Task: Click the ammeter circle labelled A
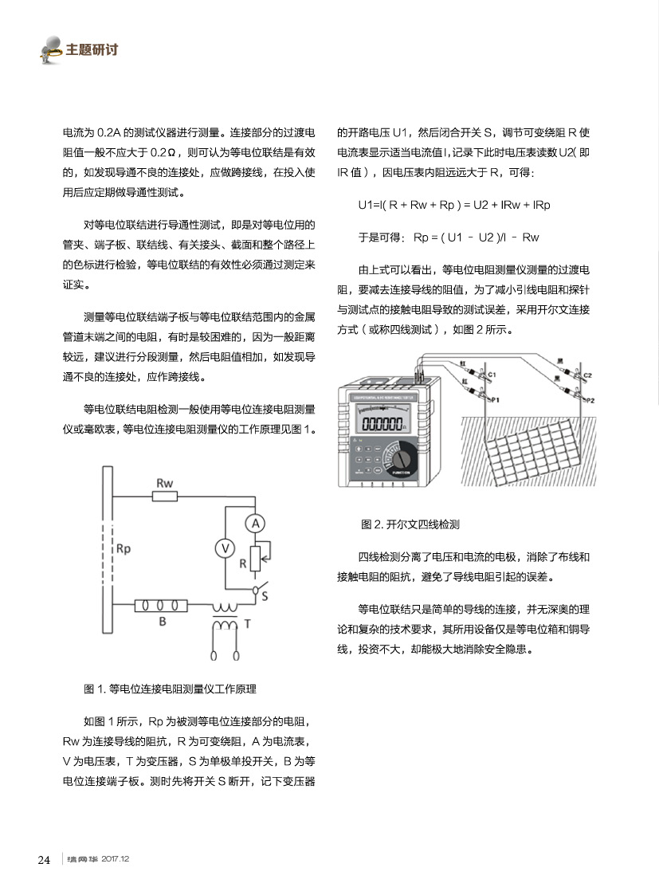[x=254, y=523]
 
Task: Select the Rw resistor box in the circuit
[x=164, y=497]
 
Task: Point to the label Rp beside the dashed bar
[x=124, y=549]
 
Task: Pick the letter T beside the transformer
[x=248, y=624]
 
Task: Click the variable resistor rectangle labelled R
[x=255, y=559]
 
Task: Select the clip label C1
[x=492, y=374]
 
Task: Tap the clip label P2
[x=590, y=399]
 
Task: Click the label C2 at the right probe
[x=587, y=374]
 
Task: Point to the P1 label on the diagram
[x=494, y=399]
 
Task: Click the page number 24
[x=45, y=859]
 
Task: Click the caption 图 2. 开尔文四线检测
[x=410, y=524]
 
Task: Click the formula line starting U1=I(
[x=454, y=205]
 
